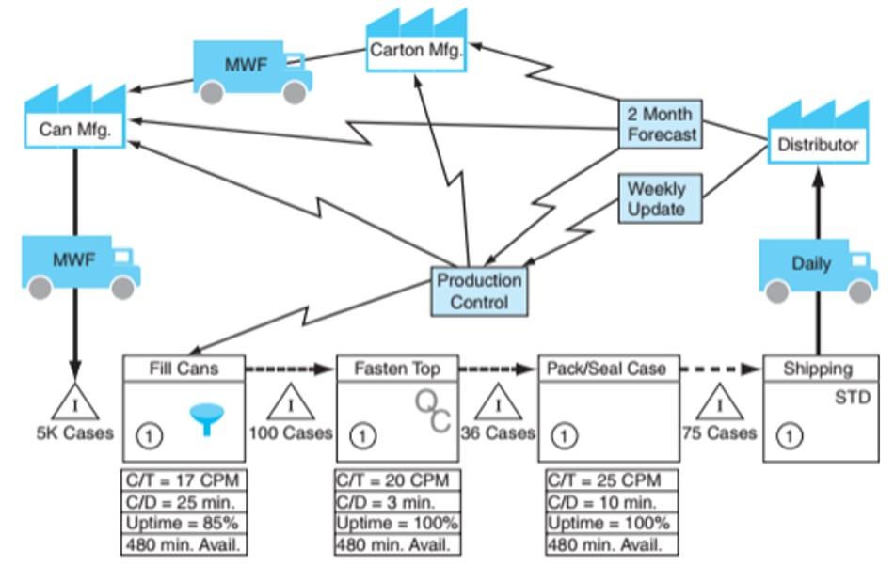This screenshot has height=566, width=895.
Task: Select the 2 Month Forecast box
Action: pos(660,124)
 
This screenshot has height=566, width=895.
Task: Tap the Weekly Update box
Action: pos(657,198)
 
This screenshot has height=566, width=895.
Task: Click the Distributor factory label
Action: pos(817,145)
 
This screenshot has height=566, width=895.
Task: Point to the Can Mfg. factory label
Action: pos(75,129)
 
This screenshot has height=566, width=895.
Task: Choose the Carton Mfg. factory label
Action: pos(416,51)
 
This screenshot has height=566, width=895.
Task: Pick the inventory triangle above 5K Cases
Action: pos(76,402)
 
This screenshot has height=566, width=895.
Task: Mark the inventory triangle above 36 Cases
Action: pos(498,402)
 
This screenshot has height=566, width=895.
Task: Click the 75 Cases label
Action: pos(719,433)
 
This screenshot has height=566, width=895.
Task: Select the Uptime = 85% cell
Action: pos(184,523)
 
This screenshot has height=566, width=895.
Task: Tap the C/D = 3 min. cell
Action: pos(398,502)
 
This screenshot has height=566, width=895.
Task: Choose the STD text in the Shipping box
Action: pos(853,398)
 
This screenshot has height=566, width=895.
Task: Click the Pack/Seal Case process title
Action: pos(608,369)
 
